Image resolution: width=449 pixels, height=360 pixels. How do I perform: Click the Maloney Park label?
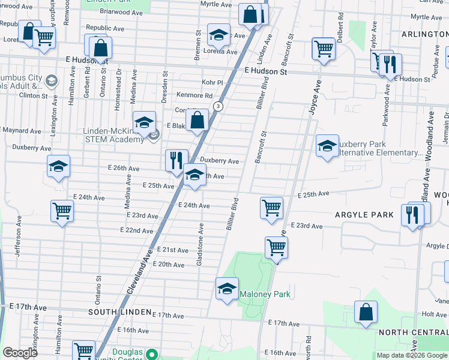[265, 294]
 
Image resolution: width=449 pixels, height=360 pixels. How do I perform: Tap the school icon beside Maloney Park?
[227, 289]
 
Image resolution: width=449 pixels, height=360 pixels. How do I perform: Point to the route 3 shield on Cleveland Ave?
[218, 106]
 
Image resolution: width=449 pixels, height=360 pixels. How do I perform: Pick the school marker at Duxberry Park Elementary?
[327, 146]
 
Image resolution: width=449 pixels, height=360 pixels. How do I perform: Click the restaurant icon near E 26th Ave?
[175, 160]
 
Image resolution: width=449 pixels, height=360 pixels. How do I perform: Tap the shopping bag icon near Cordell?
[197, 120]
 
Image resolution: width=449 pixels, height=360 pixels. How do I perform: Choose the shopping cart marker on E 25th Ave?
[272, 208]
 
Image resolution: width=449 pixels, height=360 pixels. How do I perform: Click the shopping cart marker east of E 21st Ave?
[276, 246]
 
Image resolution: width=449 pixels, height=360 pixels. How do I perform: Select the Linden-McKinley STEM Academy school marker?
[144, 123]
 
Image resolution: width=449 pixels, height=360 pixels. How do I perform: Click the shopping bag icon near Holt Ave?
[365, 313]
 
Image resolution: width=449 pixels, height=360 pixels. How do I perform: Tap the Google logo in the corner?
[20, 353]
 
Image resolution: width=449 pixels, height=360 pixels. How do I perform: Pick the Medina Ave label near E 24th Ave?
[127, 196]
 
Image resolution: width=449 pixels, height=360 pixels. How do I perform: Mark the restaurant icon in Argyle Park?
[412, 215]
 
